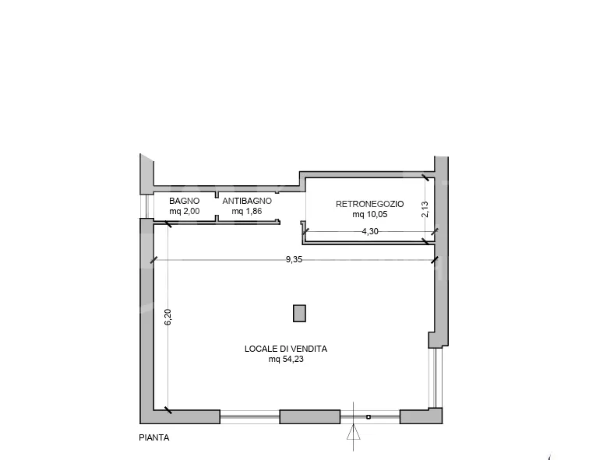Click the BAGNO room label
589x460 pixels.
coord(184,201)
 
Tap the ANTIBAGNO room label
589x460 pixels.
coord(247,201)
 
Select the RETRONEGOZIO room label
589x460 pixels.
coord(369,204)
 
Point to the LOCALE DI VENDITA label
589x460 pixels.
coord(286,349)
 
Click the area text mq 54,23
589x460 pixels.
coord(286,360)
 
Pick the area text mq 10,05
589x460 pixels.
coord(369,215)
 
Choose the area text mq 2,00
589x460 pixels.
coord(184,211)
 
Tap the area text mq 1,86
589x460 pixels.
coord(247,211)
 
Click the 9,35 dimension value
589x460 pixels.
coord(294,260)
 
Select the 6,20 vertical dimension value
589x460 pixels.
coord(168,317)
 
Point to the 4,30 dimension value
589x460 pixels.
coord(370,231)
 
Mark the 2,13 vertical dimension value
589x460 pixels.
coord(425,209)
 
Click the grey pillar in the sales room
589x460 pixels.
coord(299,314)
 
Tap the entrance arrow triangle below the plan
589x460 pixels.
coord(353,432)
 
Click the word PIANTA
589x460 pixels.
coord(154,437)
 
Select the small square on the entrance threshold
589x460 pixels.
coord(369,417)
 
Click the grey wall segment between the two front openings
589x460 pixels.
coord(310,417)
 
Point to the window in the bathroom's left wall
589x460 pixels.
coord(146,205)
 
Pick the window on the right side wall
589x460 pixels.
coord(436,377)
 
